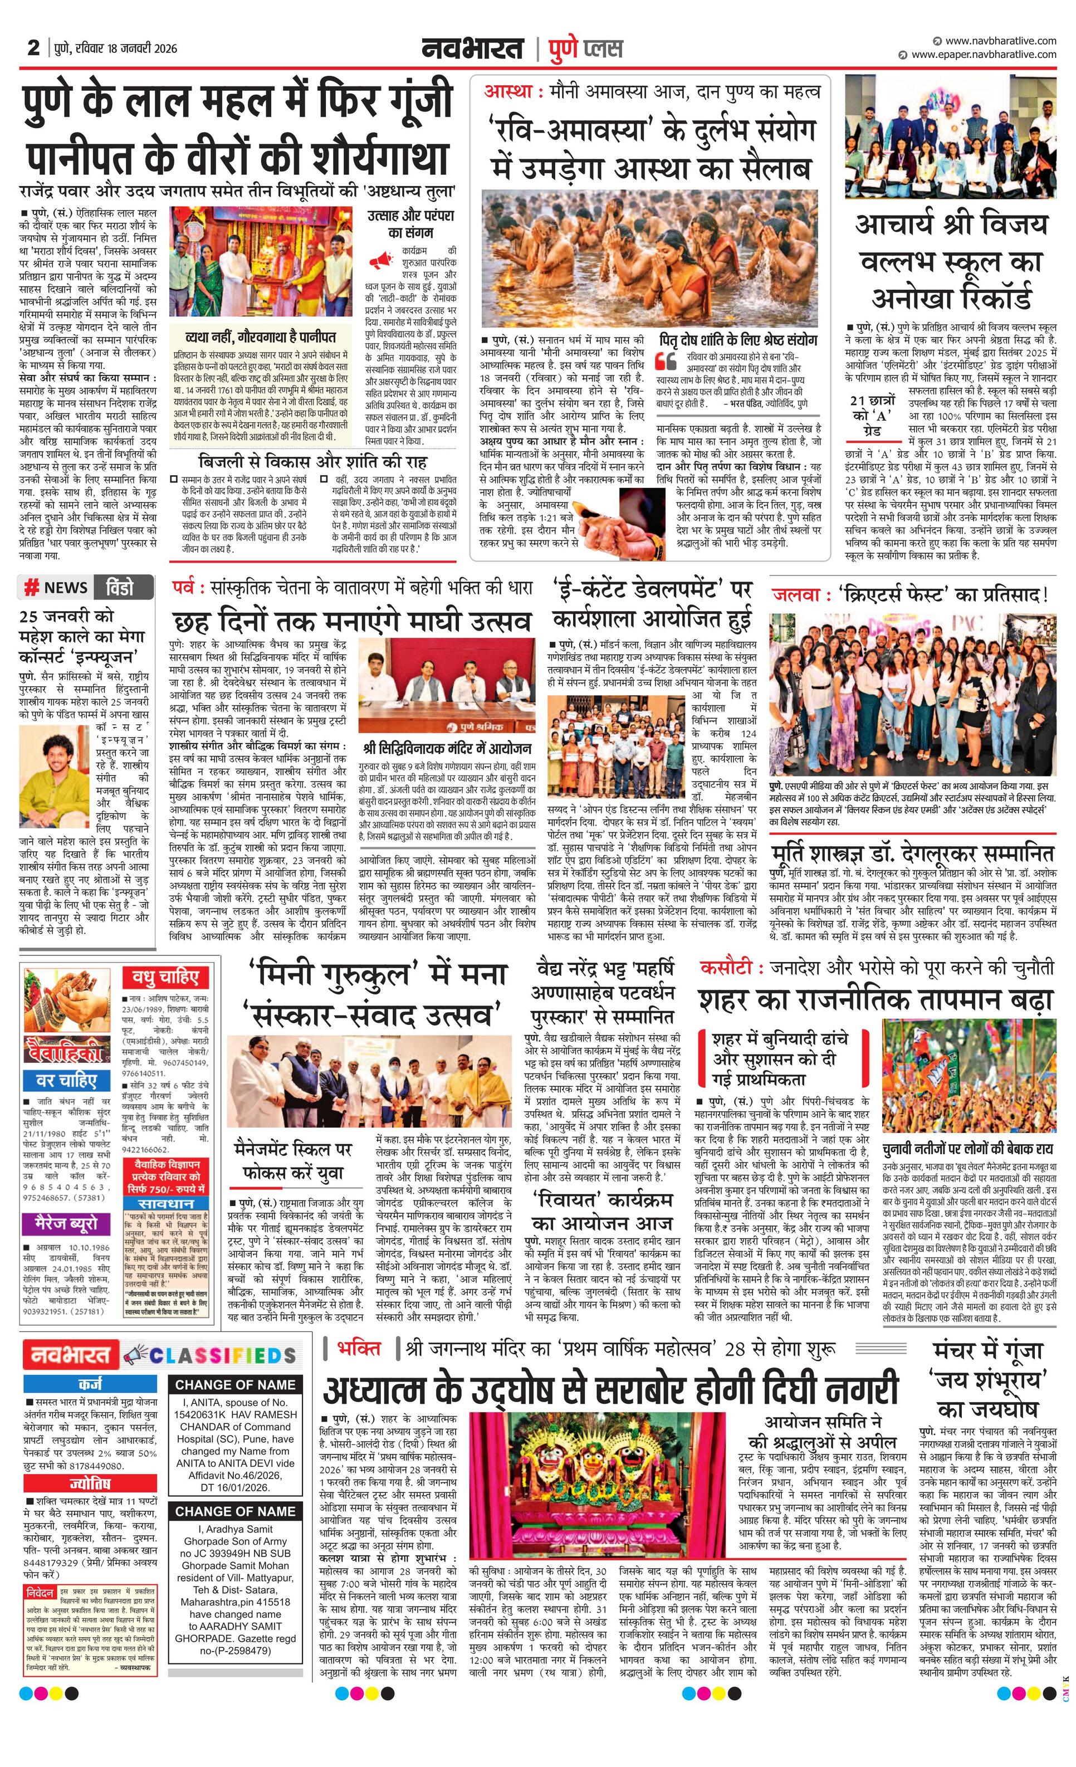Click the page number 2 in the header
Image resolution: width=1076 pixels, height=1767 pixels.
point(33,47)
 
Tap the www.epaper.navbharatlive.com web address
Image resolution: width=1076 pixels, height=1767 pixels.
point(984,55)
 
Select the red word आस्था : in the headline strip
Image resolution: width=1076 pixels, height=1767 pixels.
point(512,92)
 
